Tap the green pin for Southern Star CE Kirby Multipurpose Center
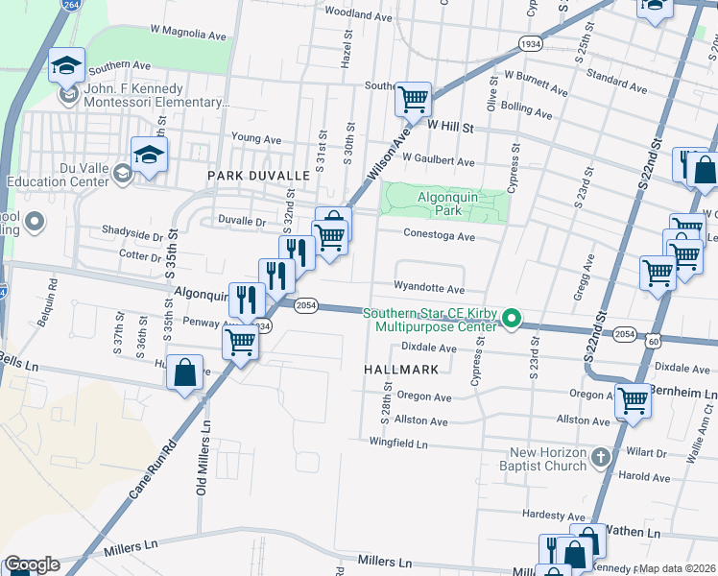[513, 318]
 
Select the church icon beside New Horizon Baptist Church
[602, 457]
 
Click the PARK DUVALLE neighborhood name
[259, 176]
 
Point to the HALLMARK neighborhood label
[401, 369]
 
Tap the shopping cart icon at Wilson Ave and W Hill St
[413, 98]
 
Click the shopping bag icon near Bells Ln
[185, 372]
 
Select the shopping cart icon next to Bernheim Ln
[633, 400]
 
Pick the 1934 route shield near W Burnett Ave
[530, 44]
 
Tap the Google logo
[32, 564]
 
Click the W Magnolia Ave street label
[188, 32]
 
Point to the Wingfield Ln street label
[398, 444]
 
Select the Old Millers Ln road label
[203, 461]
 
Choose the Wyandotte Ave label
[429, 288]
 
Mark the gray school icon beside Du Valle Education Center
[122, 173]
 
